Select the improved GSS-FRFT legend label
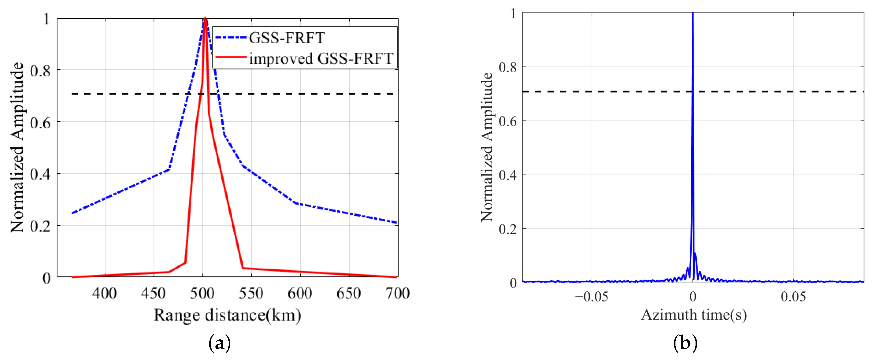point(321,59)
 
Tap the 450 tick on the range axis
point(153,293)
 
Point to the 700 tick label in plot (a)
point(398,293)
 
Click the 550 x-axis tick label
point(251,293)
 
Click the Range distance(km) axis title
point(227,315)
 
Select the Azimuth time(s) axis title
point(694,315)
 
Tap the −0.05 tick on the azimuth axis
point(591,297)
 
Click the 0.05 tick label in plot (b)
point(793,297)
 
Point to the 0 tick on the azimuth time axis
point(693,297)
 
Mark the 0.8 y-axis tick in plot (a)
point(40,71)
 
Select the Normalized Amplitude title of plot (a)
point(17,147)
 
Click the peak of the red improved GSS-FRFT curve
point(205,19)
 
